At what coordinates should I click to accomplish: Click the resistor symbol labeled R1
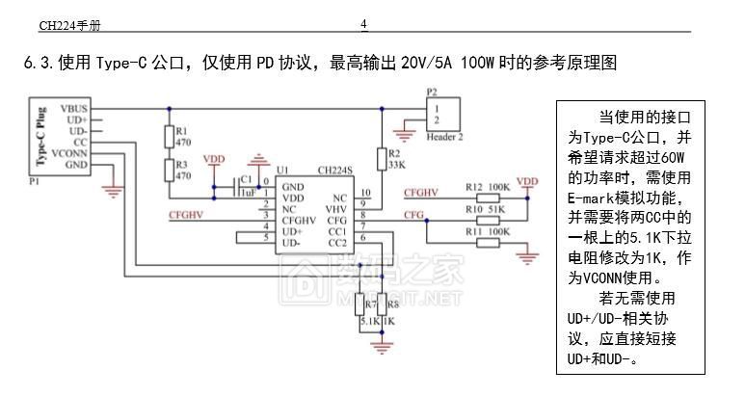pyautogui.click(x=170, y=137)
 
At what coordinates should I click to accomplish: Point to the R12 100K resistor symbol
pyautogui.click(x=489, y=198)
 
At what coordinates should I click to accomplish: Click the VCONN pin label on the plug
pyautogui.click(x=69, y=153)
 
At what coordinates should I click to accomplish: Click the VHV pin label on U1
pyautogui.click(x=335, y=206)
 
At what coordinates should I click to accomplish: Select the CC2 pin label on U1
pyautogui.click(x=337, y=242)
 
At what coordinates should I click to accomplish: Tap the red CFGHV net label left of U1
pyautogui.click(x=185, y=214)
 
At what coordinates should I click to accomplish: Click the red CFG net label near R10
pyautogui.click(x=413, y=214)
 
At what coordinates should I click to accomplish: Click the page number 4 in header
pyautogui.click(x=363, y=24)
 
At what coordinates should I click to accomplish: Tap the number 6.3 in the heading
pyautogui.click(x=38, y=65)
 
